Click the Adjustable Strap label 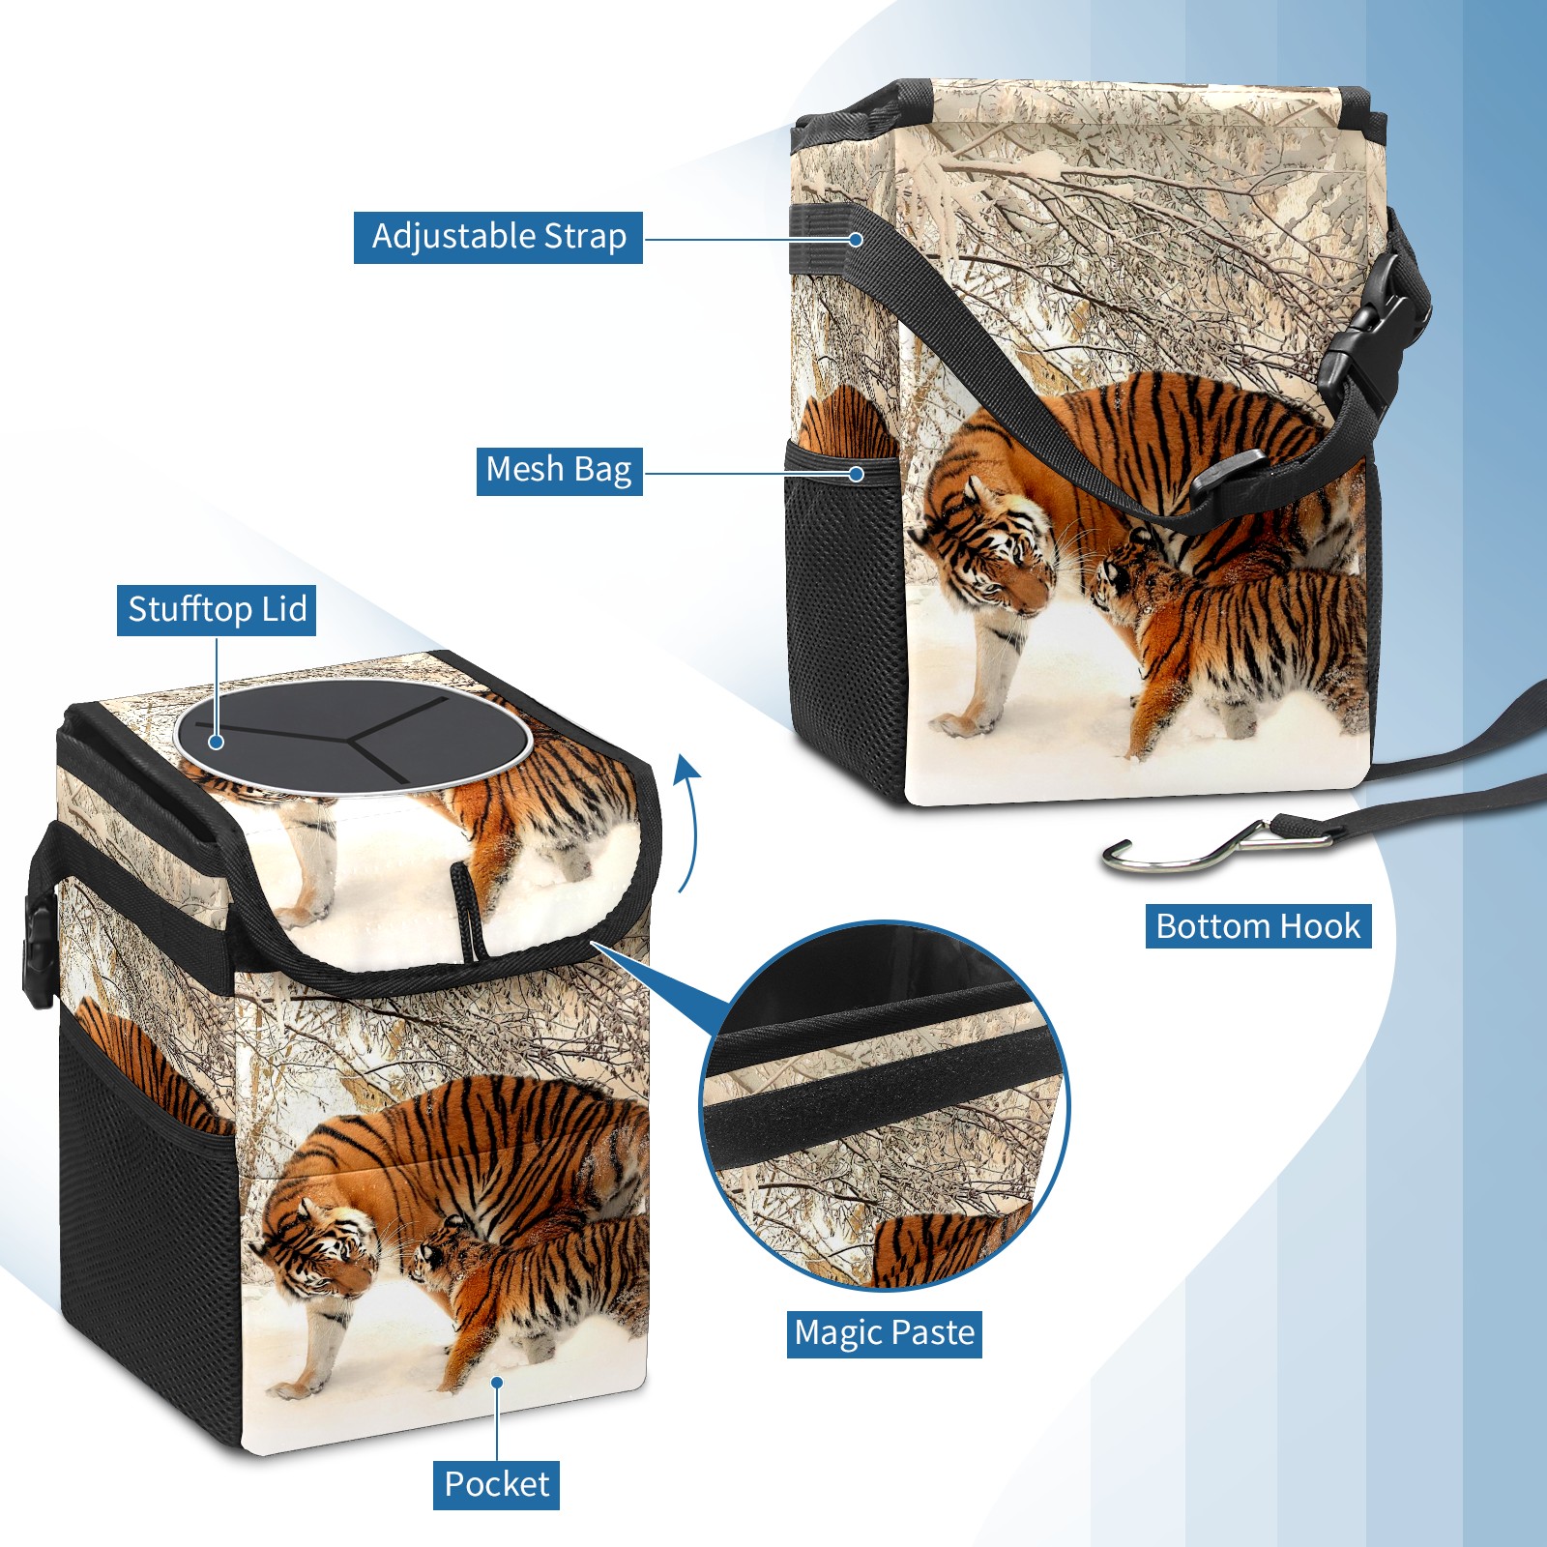pyautogui.click(x=498, y=237)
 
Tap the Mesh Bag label pyautogui.click(x=559, y=471)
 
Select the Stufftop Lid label pyautogui.click(x=217, y=610)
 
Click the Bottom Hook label pyautogui.click(x=1258, y=926)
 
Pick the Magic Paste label pyautogui.click(x=884, y=1333)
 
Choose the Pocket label pyautogui.click(x=496, y=1484)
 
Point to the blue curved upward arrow pyautogui.click(x=687, y=822)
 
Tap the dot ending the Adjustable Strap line pyautogui.click(x=856, y=239)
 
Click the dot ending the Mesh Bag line pyautogui.click(x=856, y=474)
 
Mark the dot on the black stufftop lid pyautogui.click(x=217, y=742)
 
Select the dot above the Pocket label pyautogui.click(x=497, y=1383)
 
